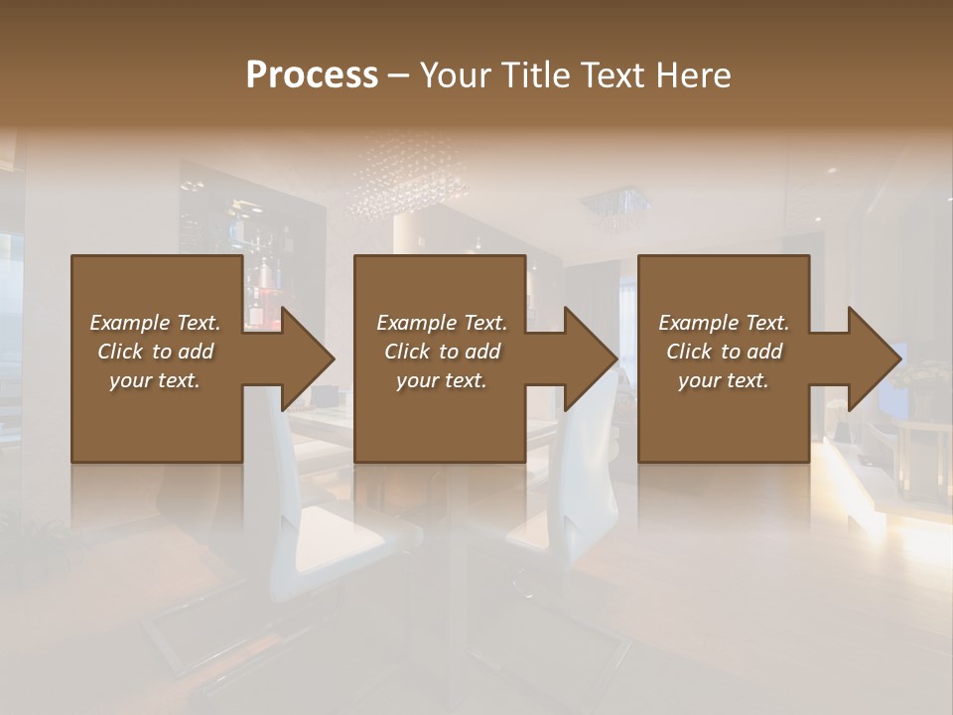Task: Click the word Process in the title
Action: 312,75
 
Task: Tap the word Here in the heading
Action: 693,75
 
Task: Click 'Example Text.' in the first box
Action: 155,323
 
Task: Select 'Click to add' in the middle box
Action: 442,352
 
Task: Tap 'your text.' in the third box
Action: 723,380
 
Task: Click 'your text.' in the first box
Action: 155,380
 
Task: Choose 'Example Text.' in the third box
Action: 723,323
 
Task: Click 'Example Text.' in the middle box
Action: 442,323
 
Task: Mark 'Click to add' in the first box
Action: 155,352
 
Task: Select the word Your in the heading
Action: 453,75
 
